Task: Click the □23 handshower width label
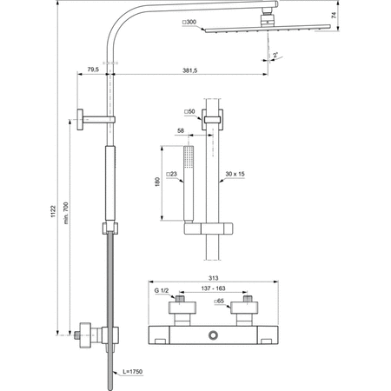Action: tap(173, 174)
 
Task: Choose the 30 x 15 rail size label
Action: tap(235, 174)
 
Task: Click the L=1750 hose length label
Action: tap(130, 372)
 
